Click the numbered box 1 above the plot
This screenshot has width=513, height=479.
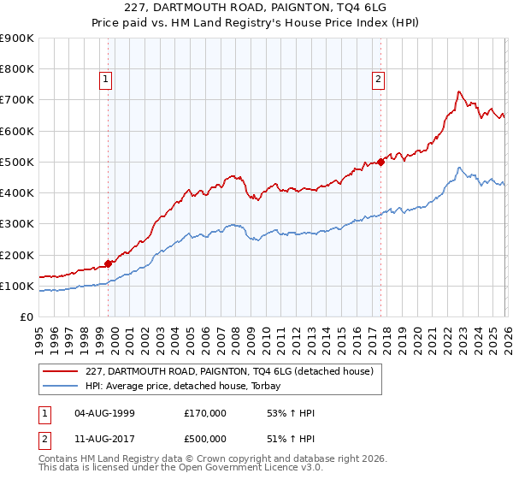point(105,80)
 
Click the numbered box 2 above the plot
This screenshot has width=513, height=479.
point(378,80)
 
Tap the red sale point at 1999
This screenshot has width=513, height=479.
point(109,263)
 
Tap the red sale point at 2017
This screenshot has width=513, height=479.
point(381,162)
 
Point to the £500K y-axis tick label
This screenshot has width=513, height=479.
point(17,162)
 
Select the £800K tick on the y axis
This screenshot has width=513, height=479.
point(17,69)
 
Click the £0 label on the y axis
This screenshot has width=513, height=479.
point(27,316)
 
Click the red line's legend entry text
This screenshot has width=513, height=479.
point(229,372)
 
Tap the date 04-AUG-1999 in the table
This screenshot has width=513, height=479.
point(104,413)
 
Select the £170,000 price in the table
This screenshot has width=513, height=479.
point(205,413)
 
